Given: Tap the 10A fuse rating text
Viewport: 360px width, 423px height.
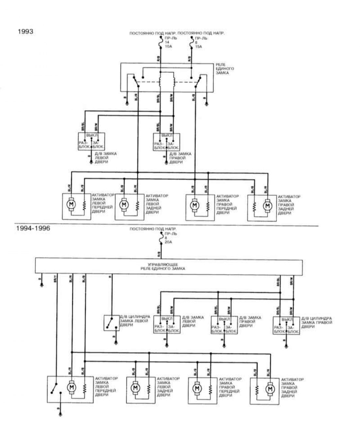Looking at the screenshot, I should coord(169,47).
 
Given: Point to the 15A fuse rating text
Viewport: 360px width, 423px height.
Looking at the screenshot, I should coord(199,47).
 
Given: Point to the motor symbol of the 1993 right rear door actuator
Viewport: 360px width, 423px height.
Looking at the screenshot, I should coord(268,205).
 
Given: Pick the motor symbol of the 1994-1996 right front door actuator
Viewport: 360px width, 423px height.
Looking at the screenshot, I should coord(197,389).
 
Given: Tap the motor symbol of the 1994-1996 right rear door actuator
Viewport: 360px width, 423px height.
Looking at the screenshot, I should coord(270,389).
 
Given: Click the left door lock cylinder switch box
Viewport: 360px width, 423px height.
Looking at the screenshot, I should coord(111,323).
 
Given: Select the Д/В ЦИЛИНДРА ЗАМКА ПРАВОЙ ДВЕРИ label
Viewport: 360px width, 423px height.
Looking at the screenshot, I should coord(316,322).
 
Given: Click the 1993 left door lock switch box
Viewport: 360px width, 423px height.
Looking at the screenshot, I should coord(91,141).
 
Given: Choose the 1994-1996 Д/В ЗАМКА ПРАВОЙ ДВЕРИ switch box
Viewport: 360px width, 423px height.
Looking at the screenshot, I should coord(224,325).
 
